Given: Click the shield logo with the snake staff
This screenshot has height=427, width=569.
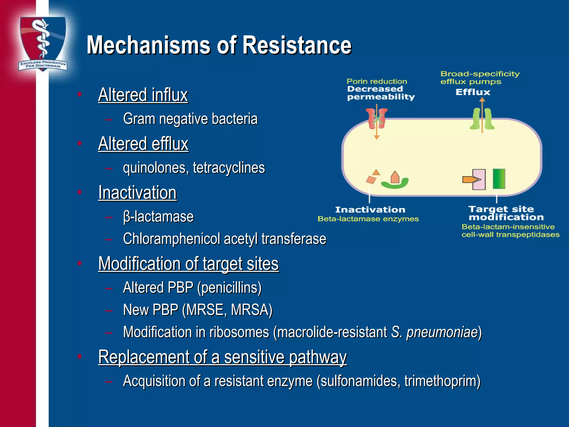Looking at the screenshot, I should (43, 43).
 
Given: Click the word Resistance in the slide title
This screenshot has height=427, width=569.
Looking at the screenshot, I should (297, 45).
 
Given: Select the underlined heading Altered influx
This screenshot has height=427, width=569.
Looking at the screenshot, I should (143, 95).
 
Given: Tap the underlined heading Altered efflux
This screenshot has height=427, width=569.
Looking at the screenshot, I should (143, 144).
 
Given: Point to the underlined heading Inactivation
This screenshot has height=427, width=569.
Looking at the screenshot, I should (138, 193).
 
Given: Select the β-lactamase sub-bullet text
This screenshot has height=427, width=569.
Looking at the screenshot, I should (158, 217).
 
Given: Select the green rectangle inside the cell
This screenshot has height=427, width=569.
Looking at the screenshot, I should (499, 179).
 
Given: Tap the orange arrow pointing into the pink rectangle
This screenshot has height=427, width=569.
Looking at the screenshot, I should (471, 180).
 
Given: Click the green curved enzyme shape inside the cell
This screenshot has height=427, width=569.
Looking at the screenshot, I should (395, 184).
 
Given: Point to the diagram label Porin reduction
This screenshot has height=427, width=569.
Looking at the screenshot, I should (377, 81).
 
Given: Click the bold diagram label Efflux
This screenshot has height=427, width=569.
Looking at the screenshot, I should (473, 92).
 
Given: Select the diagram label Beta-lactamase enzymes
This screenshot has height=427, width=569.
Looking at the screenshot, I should (368, 219).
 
